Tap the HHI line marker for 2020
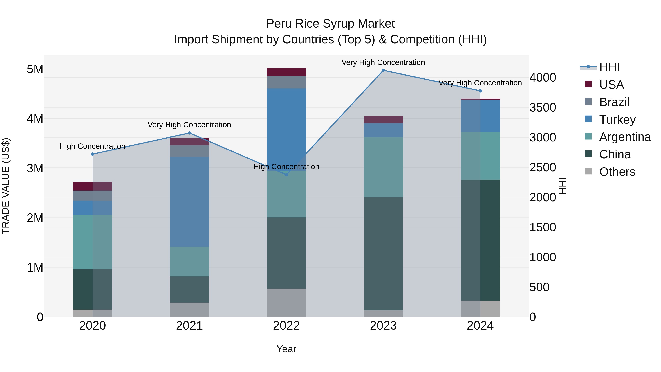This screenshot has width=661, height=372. point(93,154)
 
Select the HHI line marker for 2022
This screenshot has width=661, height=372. point(287,175)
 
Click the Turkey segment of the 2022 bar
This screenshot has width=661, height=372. point(286,128)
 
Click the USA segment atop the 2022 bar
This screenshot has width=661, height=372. point(286,72)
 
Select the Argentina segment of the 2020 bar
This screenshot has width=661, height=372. point(93,242)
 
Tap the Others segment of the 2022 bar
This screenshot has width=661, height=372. point(286,303)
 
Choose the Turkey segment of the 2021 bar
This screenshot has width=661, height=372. point(189,202)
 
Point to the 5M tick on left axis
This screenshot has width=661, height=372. point(35,69)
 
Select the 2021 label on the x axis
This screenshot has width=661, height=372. point(189,326)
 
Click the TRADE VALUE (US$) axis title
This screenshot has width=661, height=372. point(6,186)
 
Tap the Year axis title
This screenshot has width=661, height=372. point(286,349)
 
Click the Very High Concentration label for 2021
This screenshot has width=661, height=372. point(189,125)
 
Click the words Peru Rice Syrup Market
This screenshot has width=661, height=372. point(330,24)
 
